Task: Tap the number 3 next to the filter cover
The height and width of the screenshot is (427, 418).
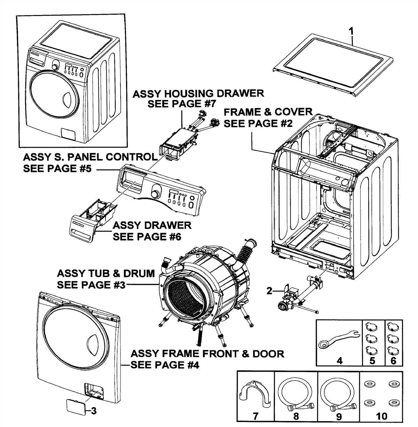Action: [x=94, y=411]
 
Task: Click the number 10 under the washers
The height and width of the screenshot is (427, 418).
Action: [x=382, y=416]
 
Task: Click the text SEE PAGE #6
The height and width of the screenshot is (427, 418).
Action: [x=147, y=237]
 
